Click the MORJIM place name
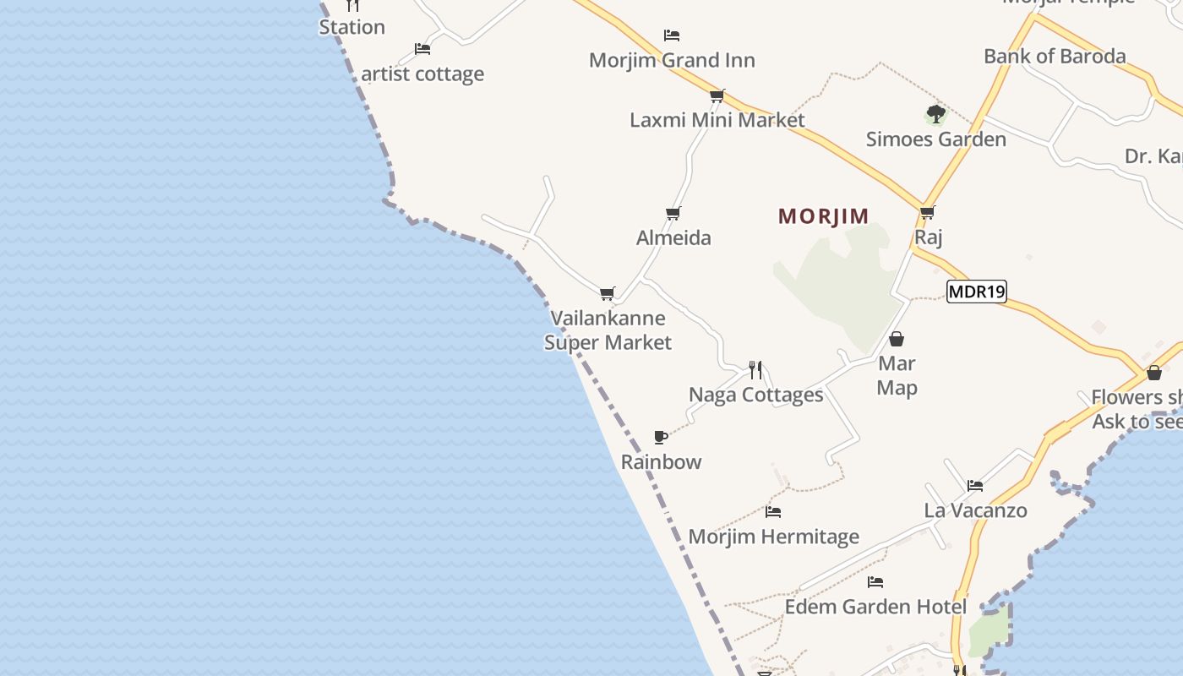[x=823, y=216]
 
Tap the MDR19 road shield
[x=976, y=292]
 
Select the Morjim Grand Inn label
[x=672, y=60]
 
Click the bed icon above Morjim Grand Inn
[x=672, y=35]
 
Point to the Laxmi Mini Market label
[x=717, y=120]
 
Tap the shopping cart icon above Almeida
[x=673, y=213]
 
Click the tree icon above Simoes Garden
[x=935, y=114]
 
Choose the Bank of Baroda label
[x=1055, y=57]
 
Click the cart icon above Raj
[x=928, y=213]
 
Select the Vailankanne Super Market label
[x=608, y=330]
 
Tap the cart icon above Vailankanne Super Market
[x=608, y=294]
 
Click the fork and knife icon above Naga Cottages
[x=755, y=370]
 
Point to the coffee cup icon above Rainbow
[x=662, y=437]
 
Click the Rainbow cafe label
[x=662, y=462]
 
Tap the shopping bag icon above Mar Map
[x=897, y=340]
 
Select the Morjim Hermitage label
[x=773, y=537]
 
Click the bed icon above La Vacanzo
[x=975, y=486]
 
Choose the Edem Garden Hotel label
[x=875, y=607]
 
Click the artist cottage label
[x=422, y=74]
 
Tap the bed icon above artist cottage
[x=422, y=49]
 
